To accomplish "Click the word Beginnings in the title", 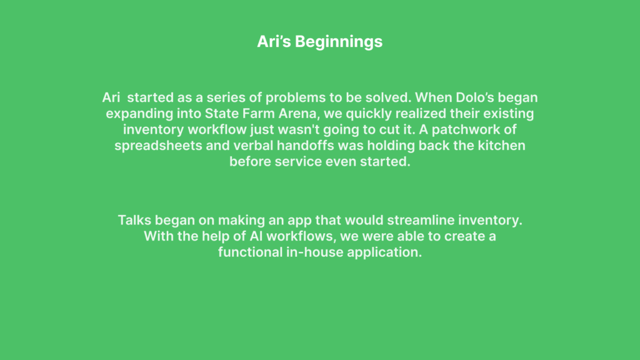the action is pyautogui.click(x=339, y=42).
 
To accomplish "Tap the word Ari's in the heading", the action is pyautogui.click(x=274, y=41).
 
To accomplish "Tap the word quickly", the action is pyautogui.click(x=371, y=114).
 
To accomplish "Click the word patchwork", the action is pyautogui.click(x=474, y=130).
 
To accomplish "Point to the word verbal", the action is pyautogui.click(x=253, y=145).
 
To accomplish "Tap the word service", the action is pyautogui.click(x=298, y=162).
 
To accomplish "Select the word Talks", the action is pyautogui.click(x=135, y=220).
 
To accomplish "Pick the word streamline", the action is pyautogui.click(x=421, y=220).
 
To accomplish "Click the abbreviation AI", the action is pyautogui.click(x=256, y=236).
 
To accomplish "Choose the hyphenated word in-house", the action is pyautogui.click(x=315, y=252).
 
